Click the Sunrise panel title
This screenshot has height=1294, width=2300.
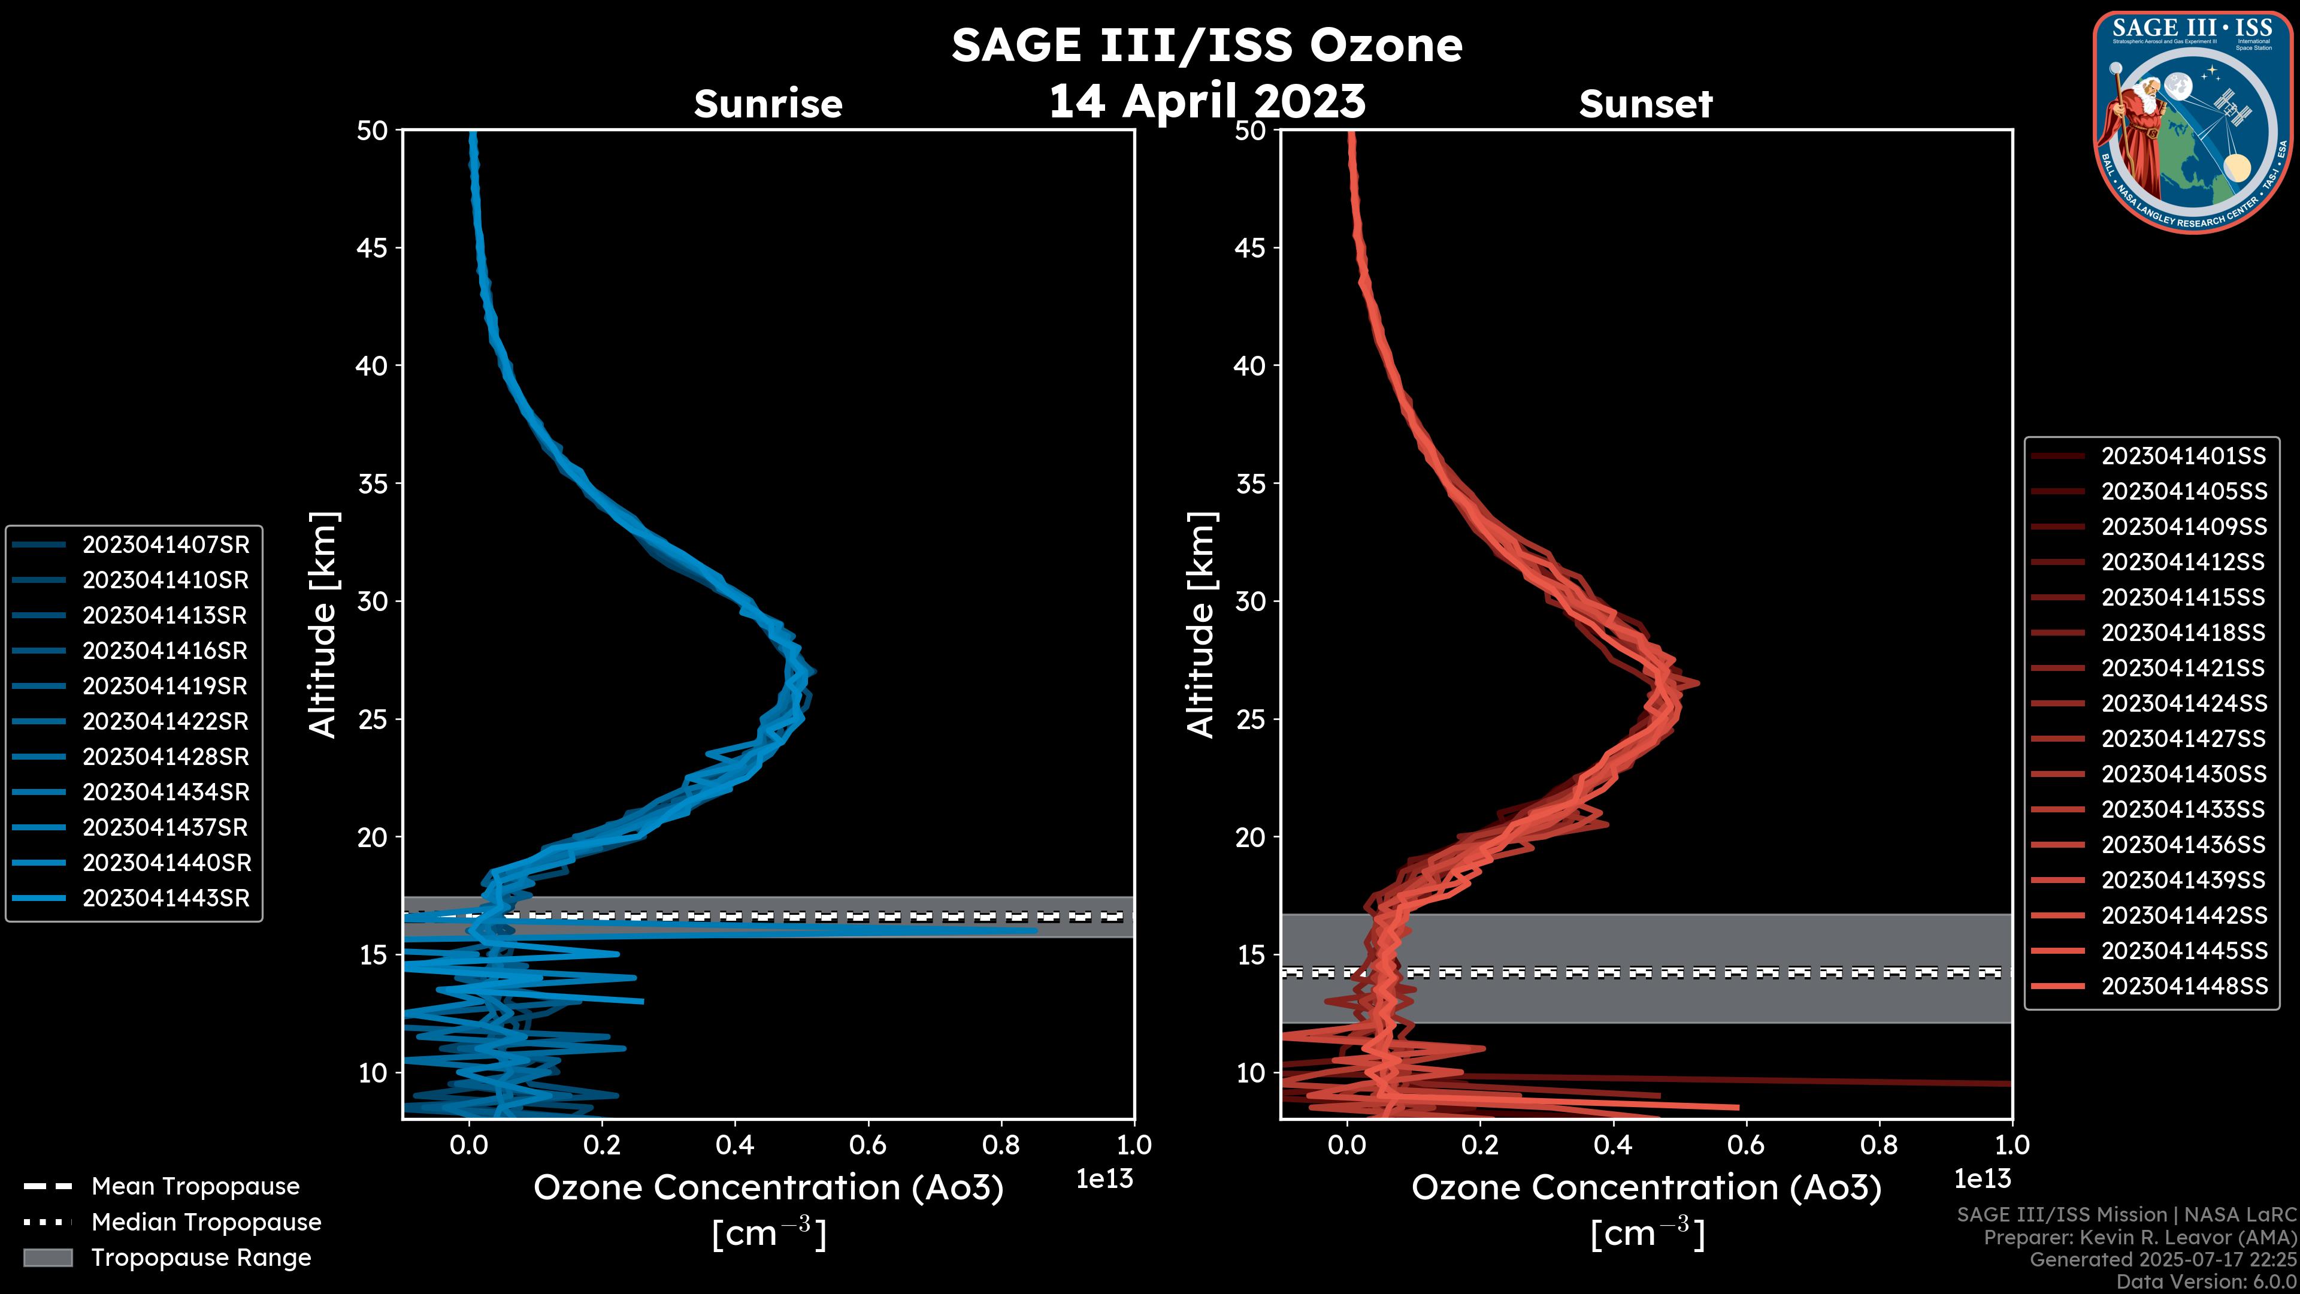(x=768, y=104)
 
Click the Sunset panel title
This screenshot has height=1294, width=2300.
(x=1645, y=104)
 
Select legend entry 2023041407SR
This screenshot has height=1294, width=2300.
(x=165, y=545)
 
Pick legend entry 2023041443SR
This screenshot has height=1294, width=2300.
(x=165, y=899)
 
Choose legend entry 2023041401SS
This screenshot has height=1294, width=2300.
(x=2183, y=456)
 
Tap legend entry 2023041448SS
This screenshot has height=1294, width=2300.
(x=2183, y=986)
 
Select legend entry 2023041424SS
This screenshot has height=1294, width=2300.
(x=2183, y=704)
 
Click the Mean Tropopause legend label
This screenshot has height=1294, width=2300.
(x=195, y=1187)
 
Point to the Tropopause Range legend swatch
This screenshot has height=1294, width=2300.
(x=47, y=1258)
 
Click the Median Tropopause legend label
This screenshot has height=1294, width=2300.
(x=206, y=1223)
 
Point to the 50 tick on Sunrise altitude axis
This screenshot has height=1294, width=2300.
(x=373, y=131)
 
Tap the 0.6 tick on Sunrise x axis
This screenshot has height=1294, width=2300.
(x=868, y=1145)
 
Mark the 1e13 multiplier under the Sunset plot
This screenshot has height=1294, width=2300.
(x=1982, y=1180)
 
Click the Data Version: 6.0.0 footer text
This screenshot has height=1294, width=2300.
(x=2207, y=1283)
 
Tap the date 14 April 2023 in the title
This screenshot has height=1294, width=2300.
(x=1207, y=101)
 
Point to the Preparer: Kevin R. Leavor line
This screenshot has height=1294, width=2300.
(x=2140, y=1238)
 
